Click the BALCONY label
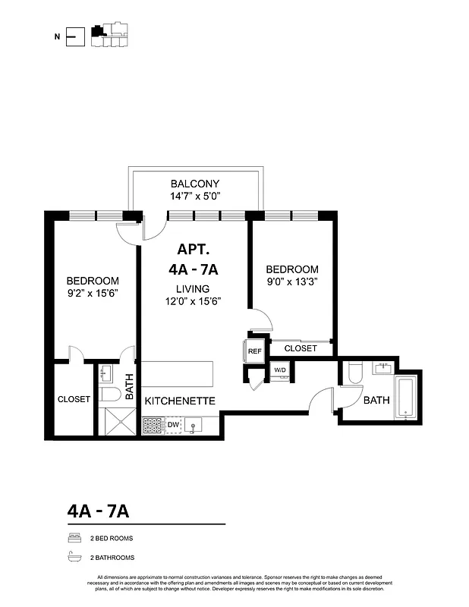click(195, 184)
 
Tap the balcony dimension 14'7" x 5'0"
click(195, 197)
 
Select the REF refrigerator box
click(255, 351)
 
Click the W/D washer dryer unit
click(281, 371)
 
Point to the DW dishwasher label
click(173, 425)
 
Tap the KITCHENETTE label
click(181, 401)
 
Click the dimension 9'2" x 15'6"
click(93, 293)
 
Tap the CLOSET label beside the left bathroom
click(74, 399)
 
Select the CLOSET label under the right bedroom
click(301, 348)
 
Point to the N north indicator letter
click(57, 35)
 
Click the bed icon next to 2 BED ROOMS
click(74, 538)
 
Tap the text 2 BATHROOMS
click(112, 558)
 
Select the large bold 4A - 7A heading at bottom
click(98, 511)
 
